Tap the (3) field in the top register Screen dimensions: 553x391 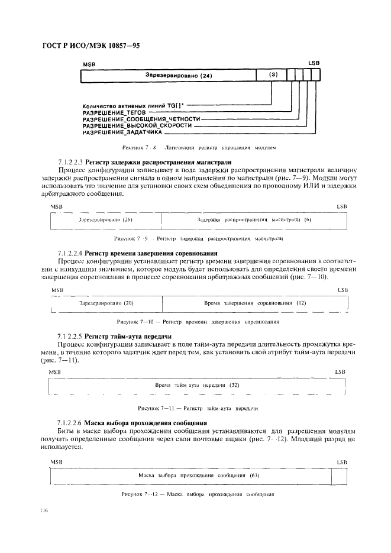(273, 75)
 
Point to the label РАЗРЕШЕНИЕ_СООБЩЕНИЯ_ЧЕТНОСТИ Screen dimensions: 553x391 (137, 119)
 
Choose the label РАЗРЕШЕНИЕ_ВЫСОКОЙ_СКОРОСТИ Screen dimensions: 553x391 (137, 126)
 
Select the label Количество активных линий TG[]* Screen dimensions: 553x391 (133, 105)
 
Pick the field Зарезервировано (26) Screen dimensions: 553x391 (105, 219)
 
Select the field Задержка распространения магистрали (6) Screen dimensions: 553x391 (254, 219)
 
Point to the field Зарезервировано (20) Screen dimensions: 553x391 (106, 303)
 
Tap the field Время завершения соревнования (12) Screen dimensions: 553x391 (255, 303)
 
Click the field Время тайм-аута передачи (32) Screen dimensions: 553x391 (196, 384)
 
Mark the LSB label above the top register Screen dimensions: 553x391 (314, 63)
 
